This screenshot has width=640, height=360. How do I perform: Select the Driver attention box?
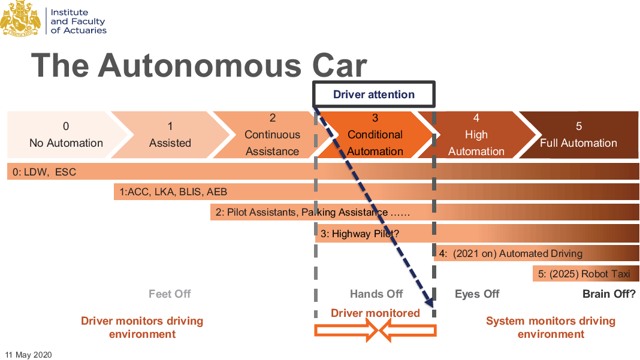click(x=374, y=94)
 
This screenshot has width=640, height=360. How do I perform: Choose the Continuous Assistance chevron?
click(x=272, y=134)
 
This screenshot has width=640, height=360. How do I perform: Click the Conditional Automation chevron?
click(x=375, y=134)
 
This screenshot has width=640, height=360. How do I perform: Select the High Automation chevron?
click(x=476, y=134)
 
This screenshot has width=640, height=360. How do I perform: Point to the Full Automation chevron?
click(x=578, y=134)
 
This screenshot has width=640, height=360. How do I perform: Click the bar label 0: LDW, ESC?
click(x=44, y=173)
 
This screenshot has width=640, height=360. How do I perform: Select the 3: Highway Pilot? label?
click(x=360, y=234)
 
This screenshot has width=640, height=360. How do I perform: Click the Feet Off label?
click(x=170, y=294)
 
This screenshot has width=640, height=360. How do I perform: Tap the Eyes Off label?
click(x=477, y=294)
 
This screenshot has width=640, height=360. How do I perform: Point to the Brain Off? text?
click(x=609, y=294)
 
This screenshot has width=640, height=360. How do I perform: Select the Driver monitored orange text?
click(x=375, y=313)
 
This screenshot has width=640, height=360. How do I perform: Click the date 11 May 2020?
click(x=29, y=355)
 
